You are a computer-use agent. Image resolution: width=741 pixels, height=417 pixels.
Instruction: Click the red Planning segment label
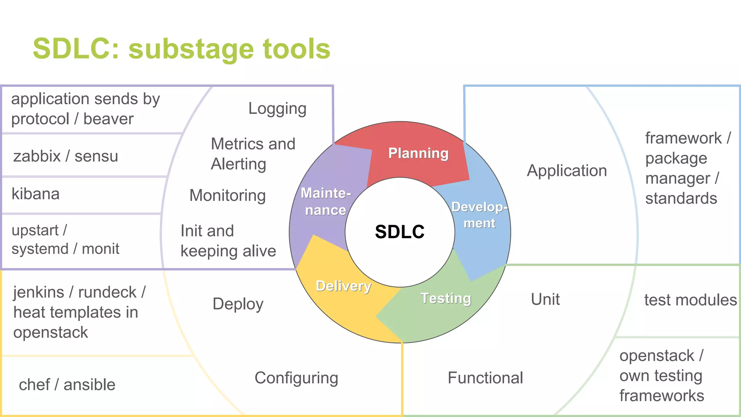418,153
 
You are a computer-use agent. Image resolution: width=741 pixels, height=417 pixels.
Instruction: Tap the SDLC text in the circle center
400,232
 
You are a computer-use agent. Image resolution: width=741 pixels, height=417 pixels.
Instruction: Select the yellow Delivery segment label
343,286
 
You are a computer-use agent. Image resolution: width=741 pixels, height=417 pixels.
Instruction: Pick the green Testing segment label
446,298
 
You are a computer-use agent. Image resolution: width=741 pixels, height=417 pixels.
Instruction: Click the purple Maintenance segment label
326,202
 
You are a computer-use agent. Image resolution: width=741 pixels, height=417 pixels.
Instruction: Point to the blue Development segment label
479,215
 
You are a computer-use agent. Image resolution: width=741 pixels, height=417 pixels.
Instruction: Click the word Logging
277,109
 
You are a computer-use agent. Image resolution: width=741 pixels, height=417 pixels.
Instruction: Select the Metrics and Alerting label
253,154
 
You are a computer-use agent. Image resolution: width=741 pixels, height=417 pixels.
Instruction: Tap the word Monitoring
228,195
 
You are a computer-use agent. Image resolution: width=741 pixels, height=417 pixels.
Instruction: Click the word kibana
35,194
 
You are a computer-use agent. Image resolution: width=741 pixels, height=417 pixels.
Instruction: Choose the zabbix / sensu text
65,156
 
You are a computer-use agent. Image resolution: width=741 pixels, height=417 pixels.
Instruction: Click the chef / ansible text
67,384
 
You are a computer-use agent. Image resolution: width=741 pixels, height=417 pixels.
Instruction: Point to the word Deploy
238,304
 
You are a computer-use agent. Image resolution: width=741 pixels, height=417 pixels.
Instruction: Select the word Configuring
296,378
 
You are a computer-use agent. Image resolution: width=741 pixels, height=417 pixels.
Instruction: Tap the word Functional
485,378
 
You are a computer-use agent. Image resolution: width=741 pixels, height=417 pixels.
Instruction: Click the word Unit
545,299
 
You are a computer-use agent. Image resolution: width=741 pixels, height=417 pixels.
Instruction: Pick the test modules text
690,300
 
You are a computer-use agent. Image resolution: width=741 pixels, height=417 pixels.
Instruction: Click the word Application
567,170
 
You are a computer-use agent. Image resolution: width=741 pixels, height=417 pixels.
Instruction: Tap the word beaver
108,119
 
